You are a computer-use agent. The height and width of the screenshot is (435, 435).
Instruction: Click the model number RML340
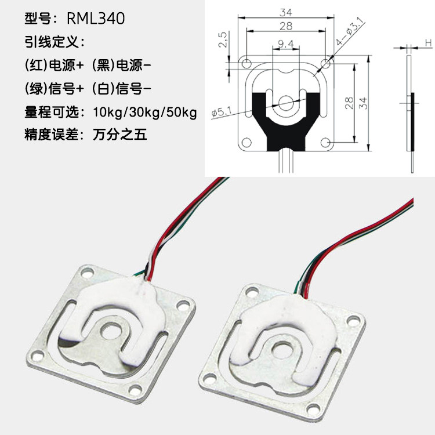(96, 19)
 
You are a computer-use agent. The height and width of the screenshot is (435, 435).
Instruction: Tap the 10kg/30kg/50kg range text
(145, 113)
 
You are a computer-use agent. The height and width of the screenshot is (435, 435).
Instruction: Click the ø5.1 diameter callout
(222, 112)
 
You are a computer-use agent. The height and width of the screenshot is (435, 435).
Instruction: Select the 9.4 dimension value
(286, 43)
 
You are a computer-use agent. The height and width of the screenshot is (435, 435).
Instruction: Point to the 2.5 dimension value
(223, 39)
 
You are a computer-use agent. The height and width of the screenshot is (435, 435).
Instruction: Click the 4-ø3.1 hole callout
(350, 31)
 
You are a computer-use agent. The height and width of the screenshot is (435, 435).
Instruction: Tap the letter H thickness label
(429, 43)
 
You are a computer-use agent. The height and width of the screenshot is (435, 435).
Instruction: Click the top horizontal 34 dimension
(286, 13)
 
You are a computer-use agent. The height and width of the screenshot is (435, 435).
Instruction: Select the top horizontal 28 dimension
(286, 26)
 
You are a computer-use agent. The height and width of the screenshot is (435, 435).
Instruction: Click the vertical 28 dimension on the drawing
(350, 103)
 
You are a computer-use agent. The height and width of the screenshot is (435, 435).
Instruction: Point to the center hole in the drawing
(286, 103)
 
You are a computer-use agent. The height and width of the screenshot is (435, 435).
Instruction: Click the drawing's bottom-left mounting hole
(246, 143)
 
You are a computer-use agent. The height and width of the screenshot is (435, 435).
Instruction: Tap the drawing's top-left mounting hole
(246, 64)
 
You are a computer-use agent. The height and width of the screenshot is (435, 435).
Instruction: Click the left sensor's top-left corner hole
(87, 273)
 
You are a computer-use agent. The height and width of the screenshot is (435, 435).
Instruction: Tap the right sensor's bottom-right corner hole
(313, 409)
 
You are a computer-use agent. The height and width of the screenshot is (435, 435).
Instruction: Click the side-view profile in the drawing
(411, 114)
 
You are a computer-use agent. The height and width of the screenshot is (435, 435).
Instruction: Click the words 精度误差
(52, 135)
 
